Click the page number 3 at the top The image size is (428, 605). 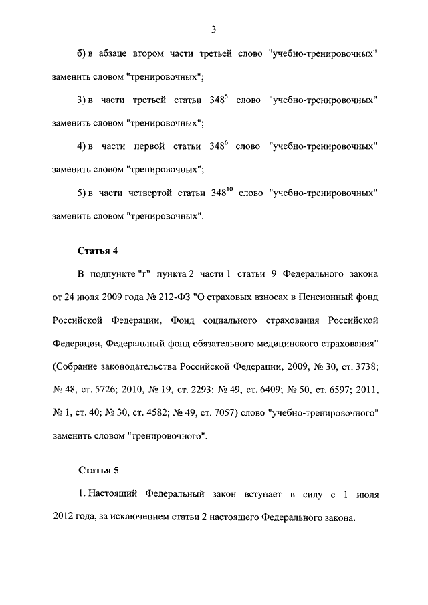point(213,29)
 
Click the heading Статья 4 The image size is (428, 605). point(98,251)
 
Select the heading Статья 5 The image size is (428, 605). point(98,471)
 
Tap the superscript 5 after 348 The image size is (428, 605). point(227,97)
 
